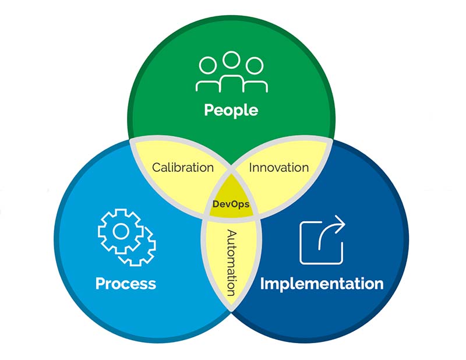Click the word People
coord(231,110)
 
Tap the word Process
coord(126,284)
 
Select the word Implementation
coord(322,284)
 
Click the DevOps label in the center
coord(232,204)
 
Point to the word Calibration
coord(183,168)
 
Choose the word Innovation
coord(279,168)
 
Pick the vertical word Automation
coord(231,263)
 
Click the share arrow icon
coord(322,240)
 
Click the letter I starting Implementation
coord(263,284)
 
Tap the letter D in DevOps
coord(216,204)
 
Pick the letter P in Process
coord(100,284)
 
